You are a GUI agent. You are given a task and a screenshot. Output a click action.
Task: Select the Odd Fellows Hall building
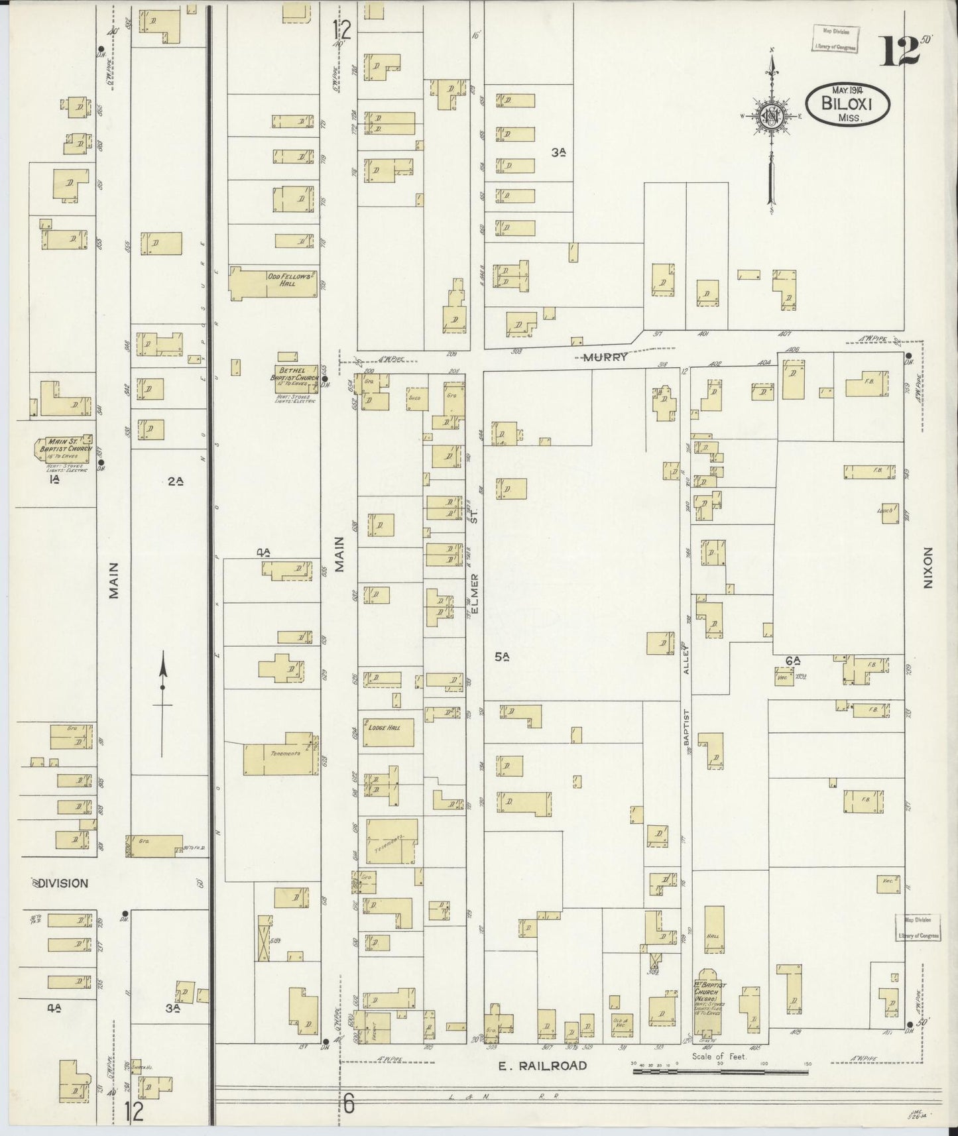(x=274, y=283)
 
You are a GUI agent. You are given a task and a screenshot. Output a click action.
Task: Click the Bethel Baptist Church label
(x=295, y=373)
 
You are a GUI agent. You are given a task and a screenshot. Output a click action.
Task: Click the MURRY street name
(x=605, y=357)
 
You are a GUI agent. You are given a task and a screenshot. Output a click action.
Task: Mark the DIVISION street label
(x=62, y=883)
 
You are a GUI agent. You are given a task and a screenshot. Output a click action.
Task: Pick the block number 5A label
(x=502, y=657)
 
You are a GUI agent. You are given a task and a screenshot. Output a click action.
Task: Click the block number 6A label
(x=793, y=660)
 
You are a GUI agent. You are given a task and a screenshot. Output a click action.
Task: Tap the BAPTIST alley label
(x=687, y=732)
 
